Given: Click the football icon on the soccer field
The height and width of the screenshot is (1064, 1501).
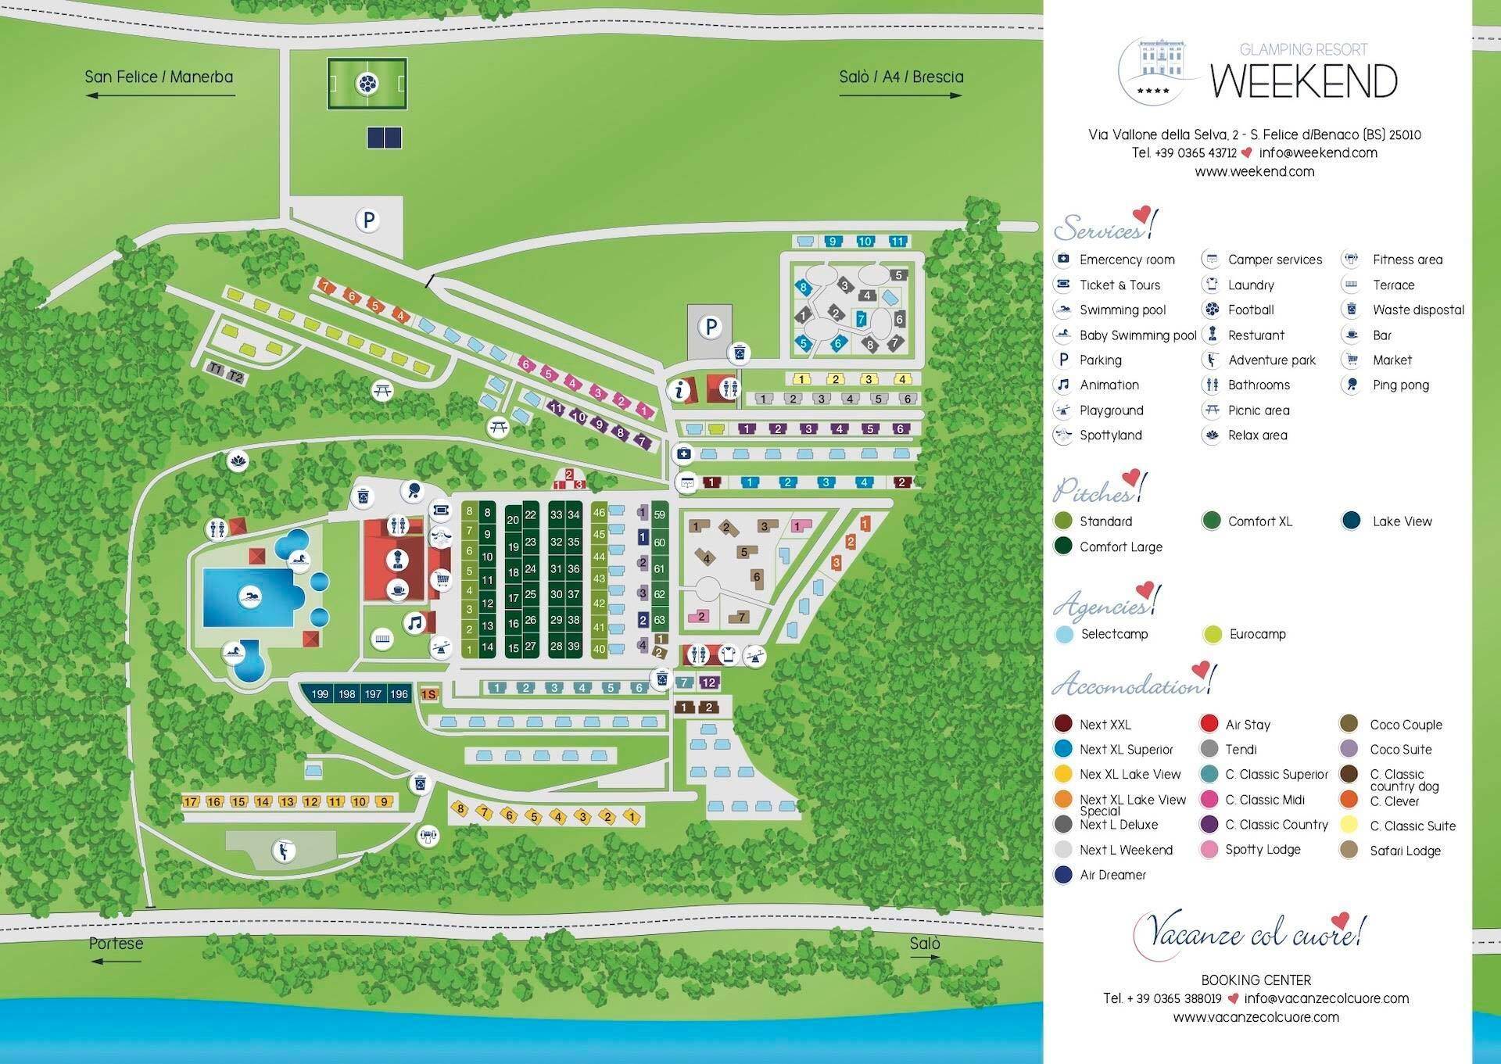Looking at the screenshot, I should (x=367, y=83).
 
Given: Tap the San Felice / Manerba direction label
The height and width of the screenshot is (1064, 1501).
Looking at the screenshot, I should (x=159, y=77).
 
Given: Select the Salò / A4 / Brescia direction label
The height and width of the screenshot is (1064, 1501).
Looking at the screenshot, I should (x=901, y=77).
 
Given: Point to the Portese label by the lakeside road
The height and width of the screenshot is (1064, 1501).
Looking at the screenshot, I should (x=116, y=943).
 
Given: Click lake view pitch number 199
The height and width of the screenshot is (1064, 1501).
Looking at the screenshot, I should (x=320, y=693).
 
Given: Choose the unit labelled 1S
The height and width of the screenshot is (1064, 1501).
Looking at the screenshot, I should (x=428, y=694).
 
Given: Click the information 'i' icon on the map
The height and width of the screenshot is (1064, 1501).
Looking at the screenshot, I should (x=680, y=389).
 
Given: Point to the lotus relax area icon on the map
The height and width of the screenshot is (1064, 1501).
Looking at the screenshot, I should (x=237, y=460).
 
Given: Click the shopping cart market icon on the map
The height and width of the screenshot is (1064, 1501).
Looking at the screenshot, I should (x=442, y=579).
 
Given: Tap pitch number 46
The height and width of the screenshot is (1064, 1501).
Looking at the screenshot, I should (x=599, y=513).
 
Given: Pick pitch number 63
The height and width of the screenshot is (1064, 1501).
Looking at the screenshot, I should (x=659, y=620).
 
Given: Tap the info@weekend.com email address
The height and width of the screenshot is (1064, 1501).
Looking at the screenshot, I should (x=1318, y=153).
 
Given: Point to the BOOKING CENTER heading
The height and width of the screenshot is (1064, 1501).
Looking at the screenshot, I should (x=1256, y=980).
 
